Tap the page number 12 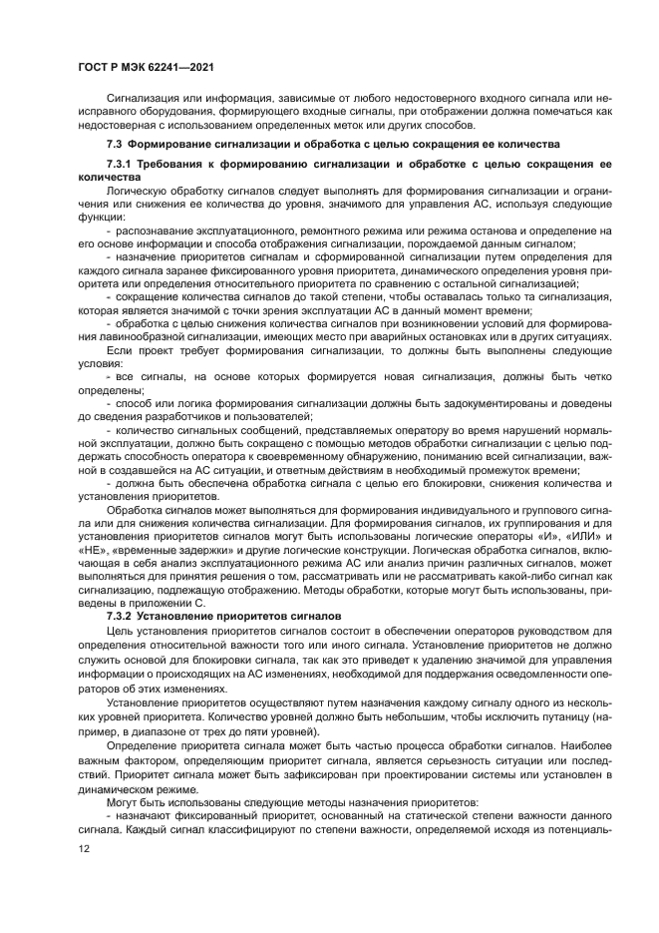click(83, 848)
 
